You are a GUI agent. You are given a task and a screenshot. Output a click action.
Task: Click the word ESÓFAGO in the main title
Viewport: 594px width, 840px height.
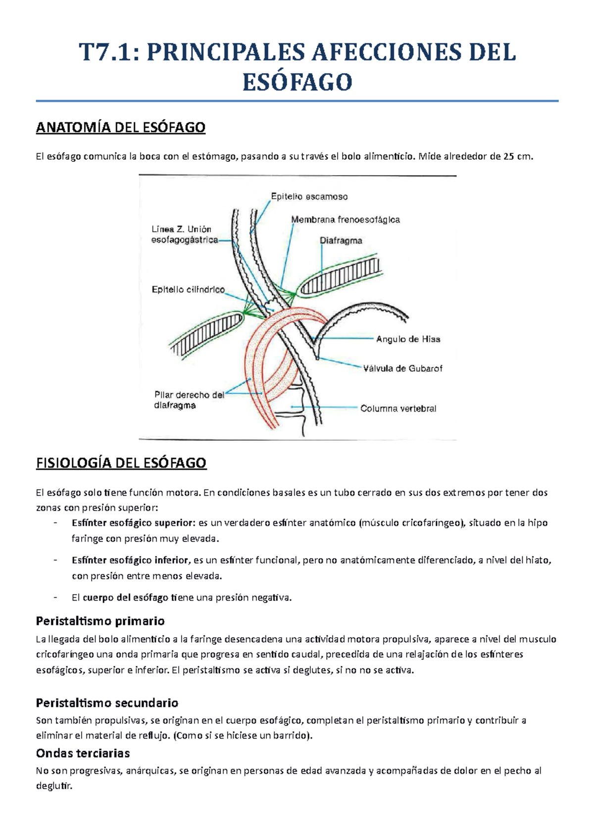pyautogui.click(x=297, y=82)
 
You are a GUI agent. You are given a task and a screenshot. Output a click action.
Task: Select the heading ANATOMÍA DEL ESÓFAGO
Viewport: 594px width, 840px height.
pyautogui.click(x=120, y=128)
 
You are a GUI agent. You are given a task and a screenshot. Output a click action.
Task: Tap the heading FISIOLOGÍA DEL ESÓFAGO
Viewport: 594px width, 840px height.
pyautogui.click(x=121, y=463)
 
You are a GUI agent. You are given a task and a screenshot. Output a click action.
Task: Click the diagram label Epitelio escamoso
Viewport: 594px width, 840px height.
pyautogui.click(x=309, y=196)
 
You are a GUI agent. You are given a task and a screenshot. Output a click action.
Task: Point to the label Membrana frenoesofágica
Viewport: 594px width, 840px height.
pyautogui.click(x=345, y=219)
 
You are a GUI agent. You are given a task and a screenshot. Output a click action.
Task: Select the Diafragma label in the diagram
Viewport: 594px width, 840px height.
pyautogui.click(x=341, y=240)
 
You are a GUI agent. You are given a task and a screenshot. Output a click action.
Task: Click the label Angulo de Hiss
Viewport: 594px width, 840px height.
pyautogui.click(x=408, y=339)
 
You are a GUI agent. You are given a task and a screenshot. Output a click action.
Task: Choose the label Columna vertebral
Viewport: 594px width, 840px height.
pyautogui.click(x=398, y=409)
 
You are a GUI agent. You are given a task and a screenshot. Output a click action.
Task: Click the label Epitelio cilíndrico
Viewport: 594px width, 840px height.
pyautogui.click(x=188, y=290)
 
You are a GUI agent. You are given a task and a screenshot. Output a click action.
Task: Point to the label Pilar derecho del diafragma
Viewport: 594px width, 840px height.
pyautogui.click(x=189, y=400)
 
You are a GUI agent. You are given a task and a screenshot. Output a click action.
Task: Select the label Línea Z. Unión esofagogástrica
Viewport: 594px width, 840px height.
pyautogui.click(x=184, y=234)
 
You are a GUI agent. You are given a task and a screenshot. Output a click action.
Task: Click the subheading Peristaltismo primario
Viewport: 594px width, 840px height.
pyautogui.click(x=100, y=621)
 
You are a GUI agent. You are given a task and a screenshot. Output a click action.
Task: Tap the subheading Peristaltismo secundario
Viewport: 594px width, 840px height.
pyautogui.click(x=107, y=702)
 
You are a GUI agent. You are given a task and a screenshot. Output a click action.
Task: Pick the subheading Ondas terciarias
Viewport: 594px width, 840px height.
pyautogui.click(x=83, y=753)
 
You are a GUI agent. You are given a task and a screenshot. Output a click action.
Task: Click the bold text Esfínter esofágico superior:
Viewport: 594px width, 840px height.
pyautogui.click(x=133, y=522)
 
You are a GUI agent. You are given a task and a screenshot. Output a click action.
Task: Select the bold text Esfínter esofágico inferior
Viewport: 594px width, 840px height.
pyautogui.click(x=130, y=560)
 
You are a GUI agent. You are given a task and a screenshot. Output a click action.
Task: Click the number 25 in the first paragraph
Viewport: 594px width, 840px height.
pyautogui.click(x=508, y=157)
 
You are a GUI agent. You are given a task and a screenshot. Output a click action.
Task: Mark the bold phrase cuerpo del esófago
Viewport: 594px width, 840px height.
pyautogui.click(x=126, y=598)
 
